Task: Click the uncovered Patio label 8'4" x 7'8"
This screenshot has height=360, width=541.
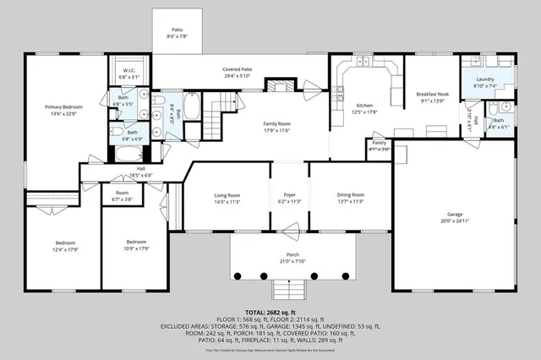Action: [177, 32]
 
